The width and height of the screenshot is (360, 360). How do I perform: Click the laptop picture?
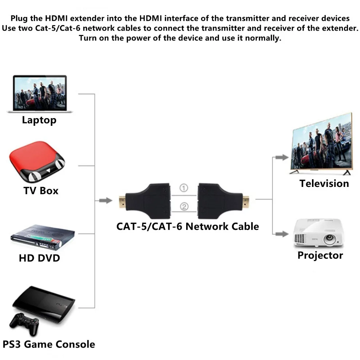39,94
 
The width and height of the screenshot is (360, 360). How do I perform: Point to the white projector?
318,233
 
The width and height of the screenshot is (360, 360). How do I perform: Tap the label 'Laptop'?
39,120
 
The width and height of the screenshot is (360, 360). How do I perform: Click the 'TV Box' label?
41,191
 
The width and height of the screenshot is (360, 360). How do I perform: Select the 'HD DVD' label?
39,258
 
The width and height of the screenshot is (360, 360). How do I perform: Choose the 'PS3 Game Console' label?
49,344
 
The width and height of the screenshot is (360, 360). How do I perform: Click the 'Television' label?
324,183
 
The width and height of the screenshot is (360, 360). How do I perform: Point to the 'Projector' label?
320,255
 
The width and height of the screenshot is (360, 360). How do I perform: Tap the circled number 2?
184,207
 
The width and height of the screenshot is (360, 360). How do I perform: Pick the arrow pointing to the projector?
281,234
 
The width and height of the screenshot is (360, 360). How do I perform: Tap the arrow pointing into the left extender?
106,200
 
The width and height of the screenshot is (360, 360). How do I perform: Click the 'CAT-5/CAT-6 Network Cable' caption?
188,226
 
